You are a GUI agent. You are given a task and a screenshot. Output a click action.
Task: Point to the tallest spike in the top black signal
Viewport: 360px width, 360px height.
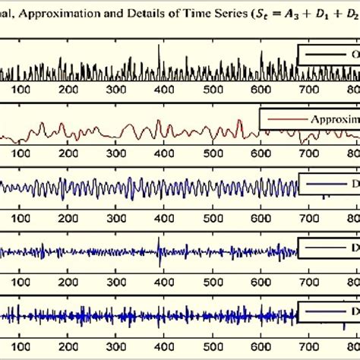(159, 47)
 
